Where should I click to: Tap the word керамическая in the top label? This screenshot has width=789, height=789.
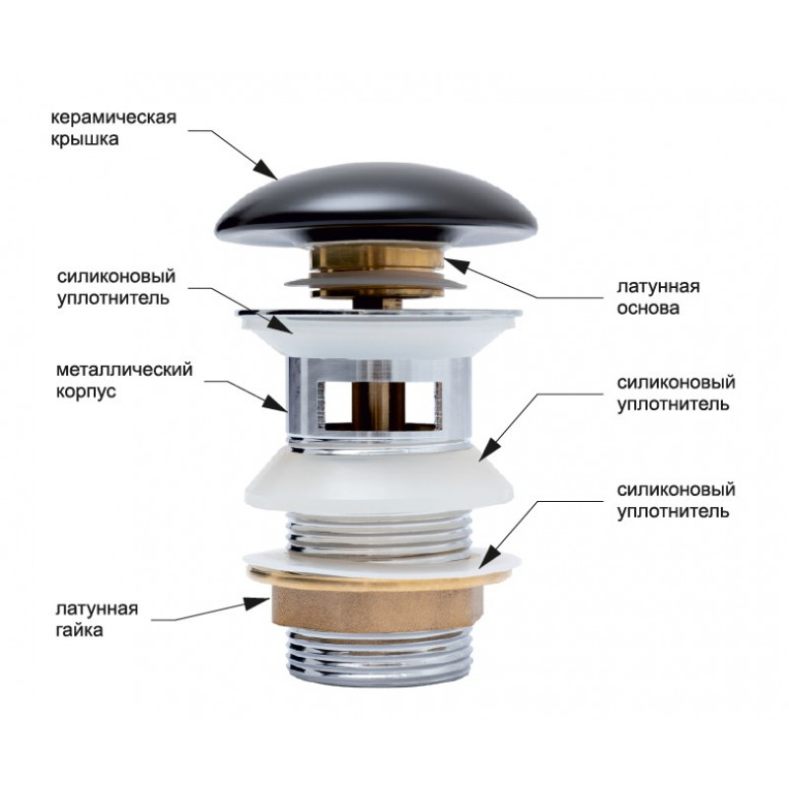tap(113, 117)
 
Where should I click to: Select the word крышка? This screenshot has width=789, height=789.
tap(85, 139)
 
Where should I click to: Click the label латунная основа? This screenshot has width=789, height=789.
tap(658, 297)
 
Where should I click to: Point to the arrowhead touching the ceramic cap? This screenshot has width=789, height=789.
tap(265, 170)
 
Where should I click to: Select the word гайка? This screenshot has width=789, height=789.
tap(79, 630)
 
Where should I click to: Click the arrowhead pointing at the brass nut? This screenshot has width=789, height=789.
tap(256, 603)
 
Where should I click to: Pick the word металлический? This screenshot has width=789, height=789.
tap(124, 370)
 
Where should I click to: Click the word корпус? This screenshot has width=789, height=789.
tap(86, 392)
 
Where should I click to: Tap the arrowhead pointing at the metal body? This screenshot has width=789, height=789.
tap(276, 403)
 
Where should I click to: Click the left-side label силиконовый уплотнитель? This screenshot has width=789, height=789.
tap(116, 287)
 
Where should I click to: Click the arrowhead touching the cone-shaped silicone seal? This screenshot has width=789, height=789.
tap(488, 449)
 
